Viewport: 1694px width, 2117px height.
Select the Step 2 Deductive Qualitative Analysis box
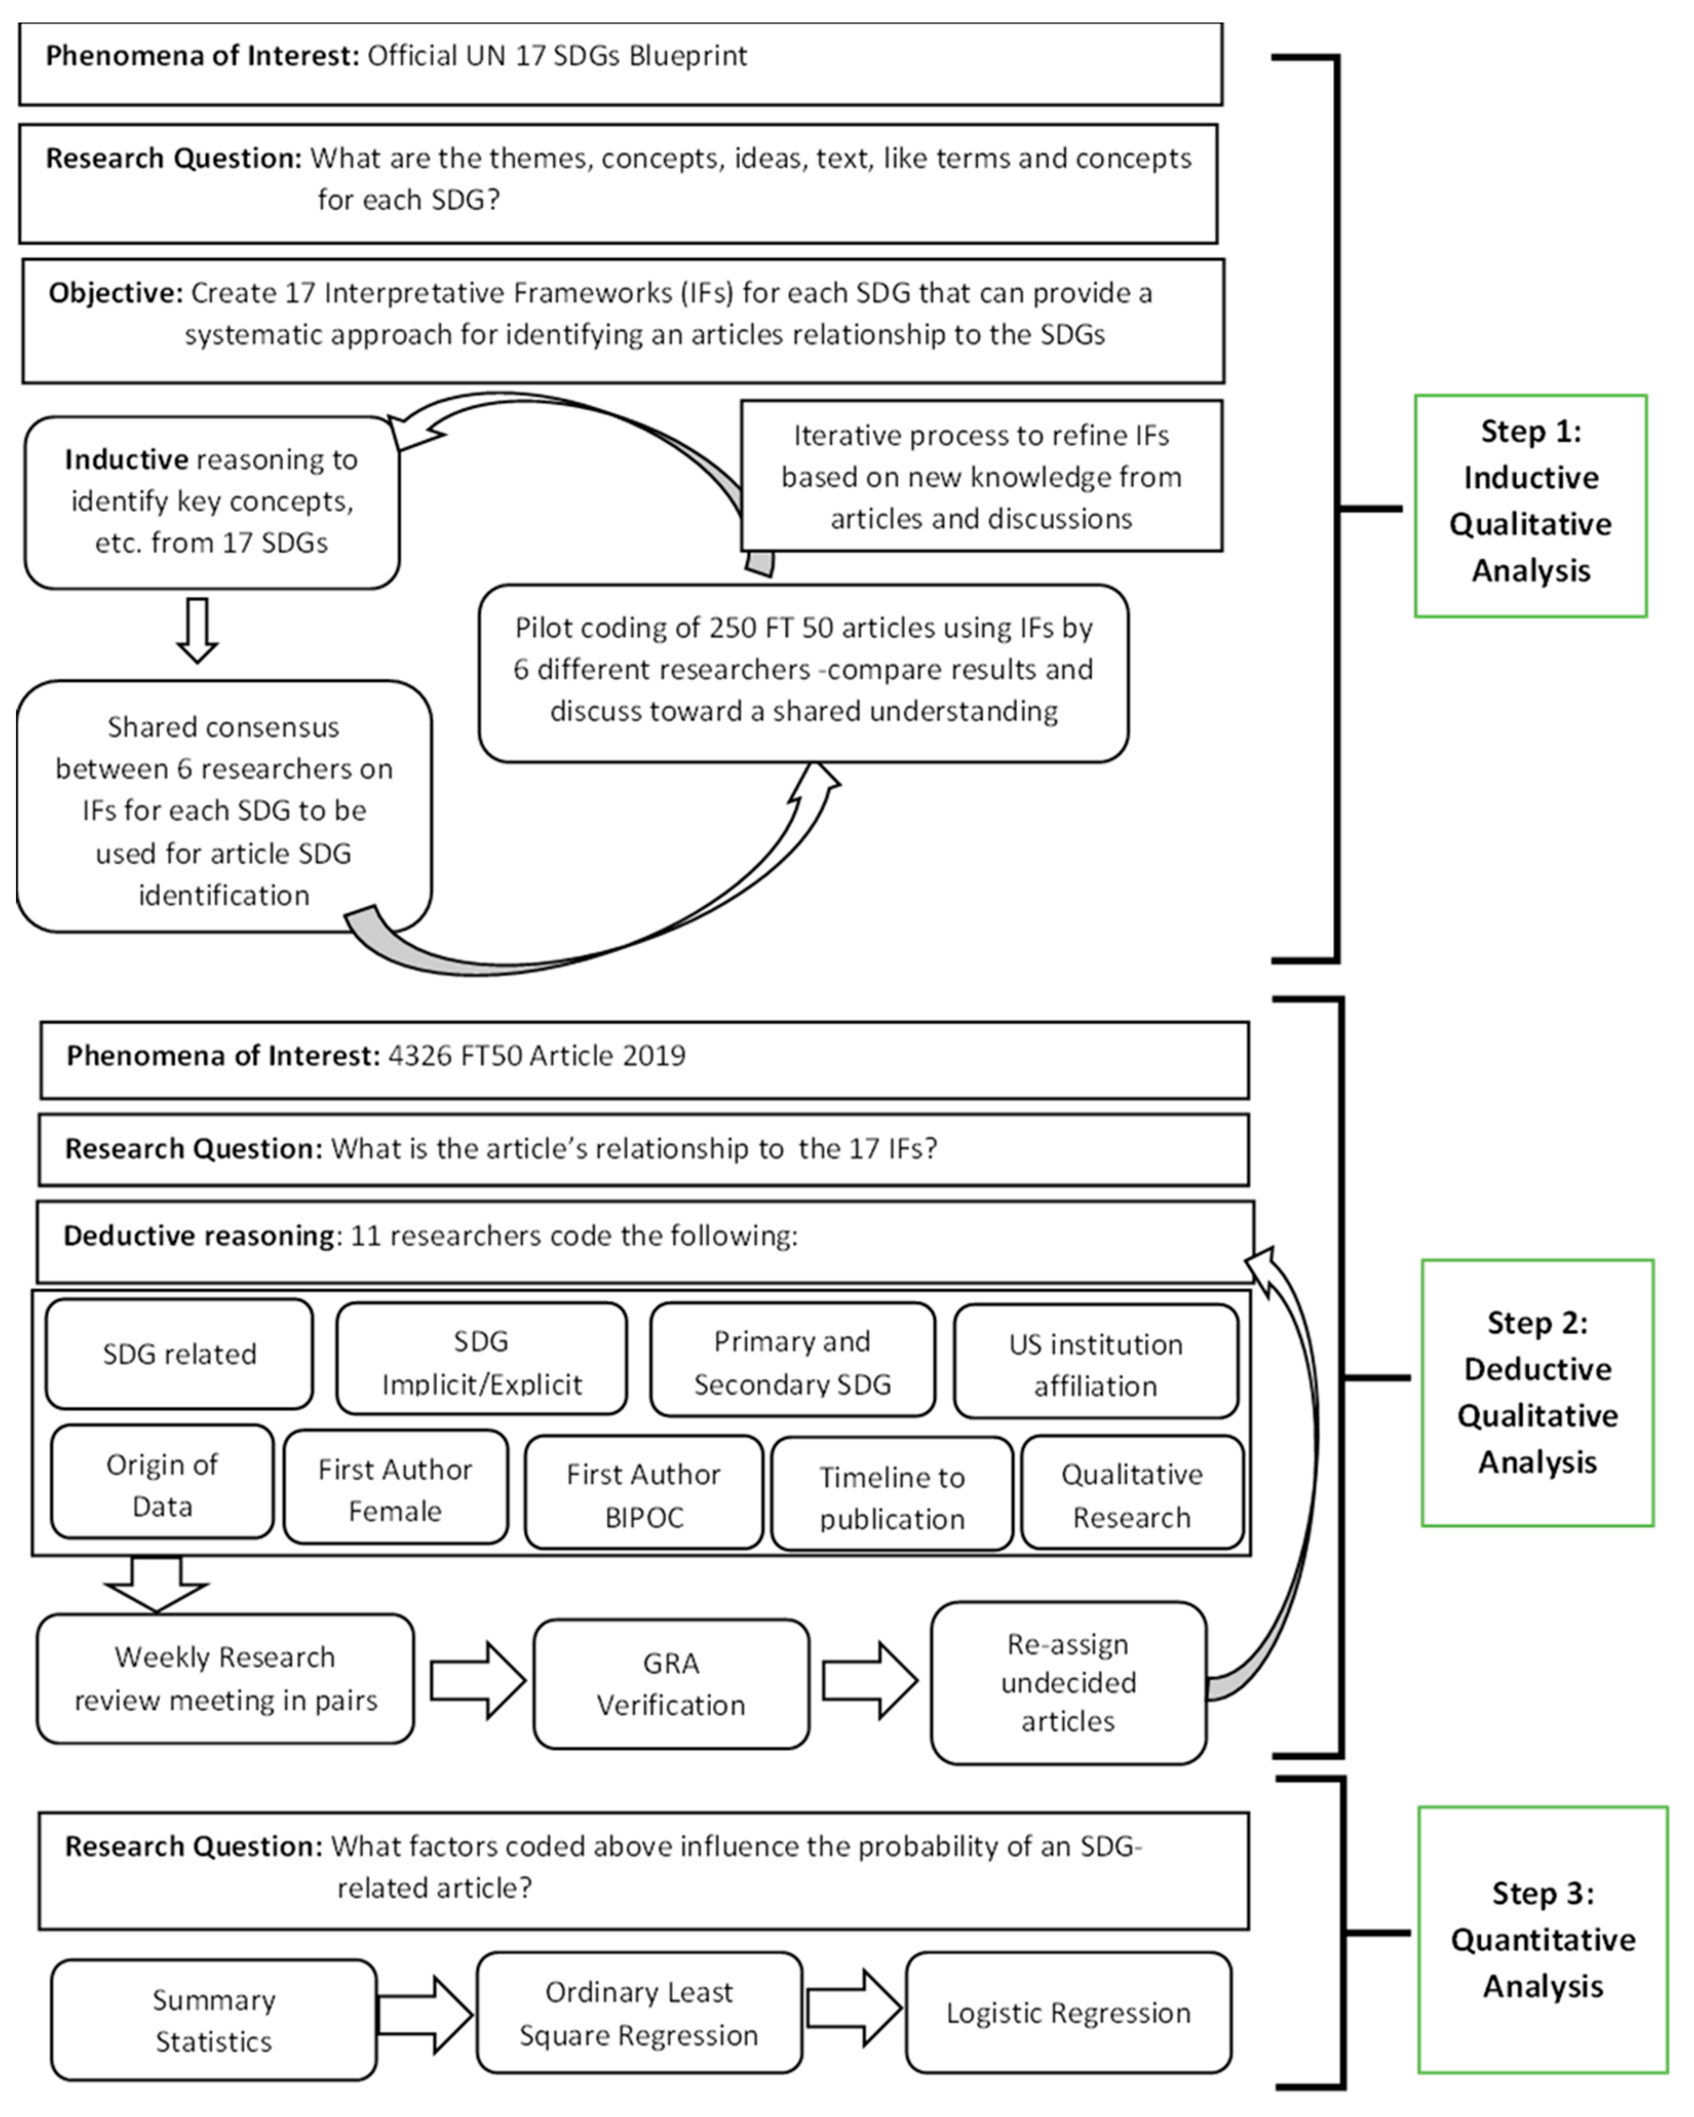(1537, 1393)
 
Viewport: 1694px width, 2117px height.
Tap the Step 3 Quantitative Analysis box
(1542, 1939)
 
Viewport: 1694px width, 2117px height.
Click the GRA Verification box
(671, 1684)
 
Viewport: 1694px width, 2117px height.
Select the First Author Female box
(395, 1488)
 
